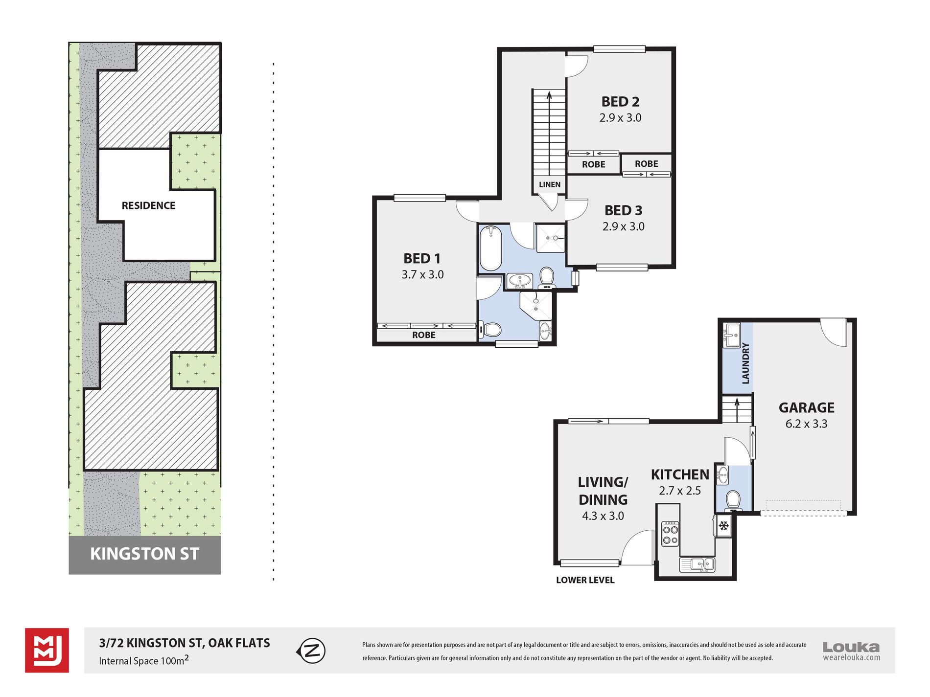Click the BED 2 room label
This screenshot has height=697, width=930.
coord(620,102)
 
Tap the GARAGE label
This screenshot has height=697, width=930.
coord(806,407)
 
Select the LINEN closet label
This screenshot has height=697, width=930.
coord(550,184)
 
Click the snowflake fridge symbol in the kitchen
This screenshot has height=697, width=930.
coord(723,526)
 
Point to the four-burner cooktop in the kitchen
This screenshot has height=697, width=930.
coord(670,534)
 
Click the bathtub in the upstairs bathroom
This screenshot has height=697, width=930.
coord(490,247)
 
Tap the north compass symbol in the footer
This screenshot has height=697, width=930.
coord(311,651)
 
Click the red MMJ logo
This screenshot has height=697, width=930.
coord(47,650)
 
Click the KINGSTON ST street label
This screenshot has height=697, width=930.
coord(144,554)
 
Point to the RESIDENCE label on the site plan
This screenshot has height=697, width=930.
coord(148,205)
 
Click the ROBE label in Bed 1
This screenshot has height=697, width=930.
coord(423,335)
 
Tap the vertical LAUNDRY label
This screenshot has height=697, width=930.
coord(745,363)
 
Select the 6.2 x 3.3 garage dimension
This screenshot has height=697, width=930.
coord(806,424)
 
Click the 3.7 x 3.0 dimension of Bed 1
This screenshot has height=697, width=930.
coord(422,274)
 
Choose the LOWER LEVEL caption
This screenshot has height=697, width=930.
coord(585,580)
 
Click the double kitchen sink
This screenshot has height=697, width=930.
coord(697,564)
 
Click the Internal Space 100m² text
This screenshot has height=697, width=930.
coord(144,660)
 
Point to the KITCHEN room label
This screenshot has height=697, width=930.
coord(680,474)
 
